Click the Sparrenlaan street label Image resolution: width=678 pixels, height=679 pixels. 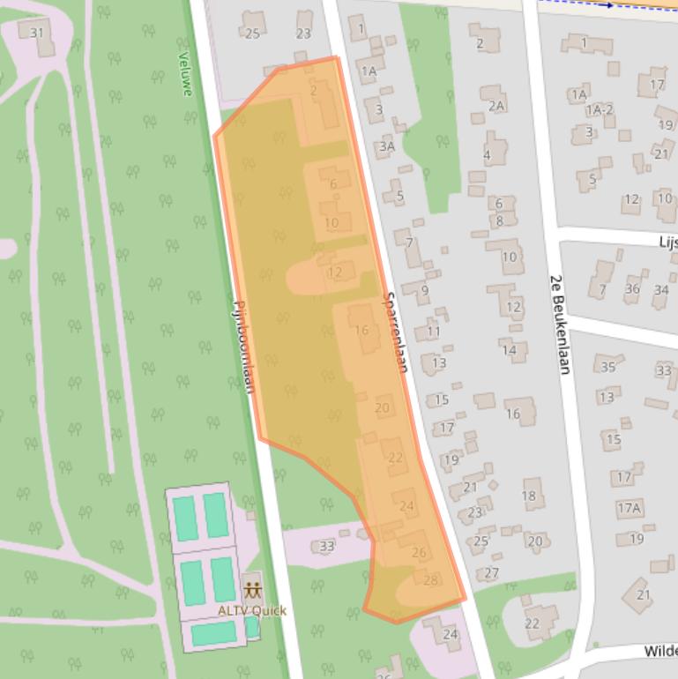(396, 332)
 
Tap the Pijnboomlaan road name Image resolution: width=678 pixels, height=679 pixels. (242, 345)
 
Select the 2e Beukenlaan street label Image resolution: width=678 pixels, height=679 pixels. (558, 323)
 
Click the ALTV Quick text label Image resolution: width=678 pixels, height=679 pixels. (252, 610)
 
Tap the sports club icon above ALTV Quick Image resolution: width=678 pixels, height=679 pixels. (253, 589)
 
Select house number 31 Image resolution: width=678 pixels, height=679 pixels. (36, 33)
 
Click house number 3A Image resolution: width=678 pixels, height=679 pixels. (386, 146)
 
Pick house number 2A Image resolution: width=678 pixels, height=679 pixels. (496, 106)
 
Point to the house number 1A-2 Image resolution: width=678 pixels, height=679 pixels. (600, 110)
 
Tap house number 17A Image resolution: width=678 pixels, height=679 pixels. (629, 508)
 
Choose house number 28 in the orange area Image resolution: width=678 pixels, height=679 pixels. (430, 579)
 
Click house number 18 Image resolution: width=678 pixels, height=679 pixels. (529, 496)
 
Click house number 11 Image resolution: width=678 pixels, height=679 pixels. (433, 332)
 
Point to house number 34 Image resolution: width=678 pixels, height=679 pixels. (661, 289)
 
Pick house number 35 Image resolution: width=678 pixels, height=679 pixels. (607, 367)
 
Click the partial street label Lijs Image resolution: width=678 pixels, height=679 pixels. (667, 241)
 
